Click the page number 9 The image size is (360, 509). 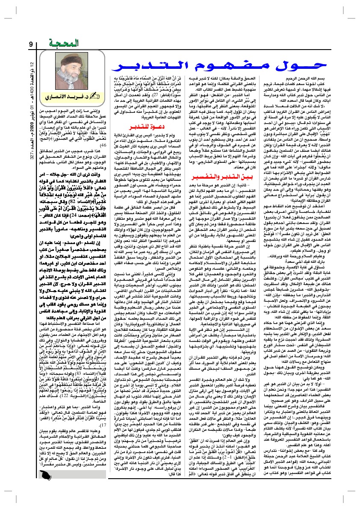point(31,44)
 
